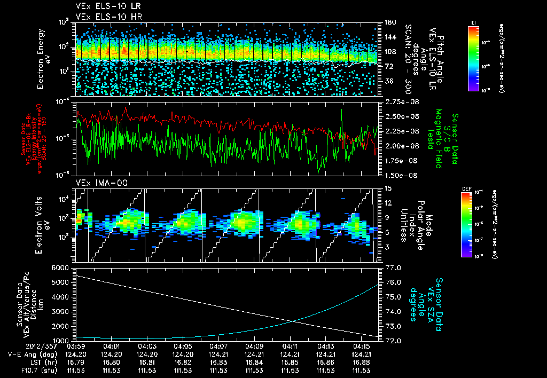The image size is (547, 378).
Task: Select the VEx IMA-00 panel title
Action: pyautogui.click(x=94, y=183)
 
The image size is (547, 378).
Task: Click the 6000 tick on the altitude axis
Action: pyautogui.click(x=62, y=267)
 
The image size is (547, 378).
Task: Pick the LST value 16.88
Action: pyautogui.click(x=362, y=362)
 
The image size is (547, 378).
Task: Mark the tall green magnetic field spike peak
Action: pyautogui.click(x=341, y=111)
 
